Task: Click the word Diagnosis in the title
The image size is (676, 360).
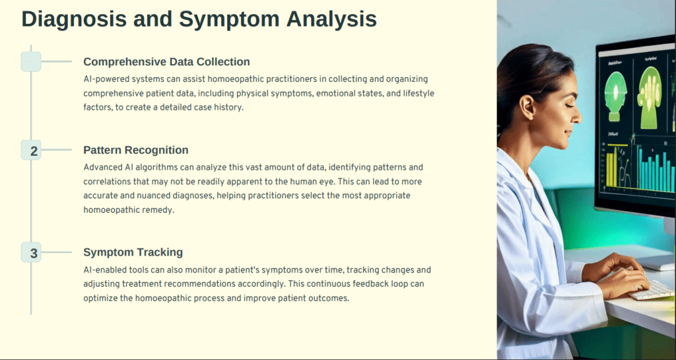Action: coord(74,20)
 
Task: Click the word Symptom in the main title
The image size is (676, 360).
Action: coord(229,20)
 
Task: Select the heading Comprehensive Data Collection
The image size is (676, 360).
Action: coord(166,61)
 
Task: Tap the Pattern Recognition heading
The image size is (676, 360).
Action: coord(136,150)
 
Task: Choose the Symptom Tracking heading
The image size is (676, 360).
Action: coord(133,252)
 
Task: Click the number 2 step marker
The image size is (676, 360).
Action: coord(31,150)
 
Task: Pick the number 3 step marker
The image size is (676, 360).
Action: coord(31,252)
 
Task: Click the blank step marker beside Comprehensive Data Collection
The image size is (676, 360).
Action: coord(31,61)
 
